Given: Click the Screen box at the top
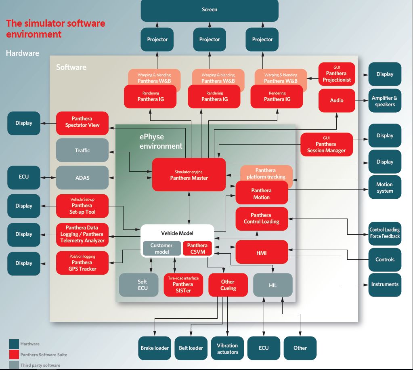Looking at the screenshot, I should click(x=209, y=10).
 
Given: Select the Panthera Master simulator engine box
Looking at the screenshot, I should click(x=189, y=174).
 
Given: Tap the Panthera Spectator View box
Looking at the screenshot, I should click(x=82, y=122).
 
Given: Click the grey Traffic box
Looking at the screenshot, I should click(x=82, y=150).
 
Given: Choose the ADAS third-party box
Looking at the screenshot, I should click(x=82, y=177).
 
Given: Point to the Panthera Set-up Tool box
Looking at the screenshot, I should click(x=82, y=206).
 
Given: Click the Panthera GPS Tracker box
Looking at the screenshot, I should click(x=82, y=263).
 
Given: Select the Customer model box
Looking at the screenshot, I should click(x=161, y=248).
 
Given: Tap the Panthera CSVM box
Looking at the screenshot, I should click(x=197, y=248).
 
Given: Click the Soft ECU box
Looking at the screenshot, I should click(x=143, y=285).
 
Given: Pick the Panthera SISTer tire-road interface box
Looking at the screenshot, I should click(x=183, y=285).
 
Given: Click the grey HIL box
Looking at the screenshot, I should click(x=273, y=285).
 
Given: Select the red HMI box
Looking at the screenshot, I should click(x=261, y=253).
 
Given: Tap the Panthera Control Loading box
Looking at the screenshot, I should click(x=261, y=219).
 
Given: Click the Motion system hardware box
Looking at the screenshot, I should click(x=384, y=187).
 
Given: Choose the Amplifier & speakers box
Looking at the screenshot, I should click(x=384, y=101).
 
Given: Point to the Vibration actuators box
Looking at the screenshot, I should click(x=227, y=348).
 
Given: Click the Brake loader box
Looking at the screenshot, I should click(x=155, y=348).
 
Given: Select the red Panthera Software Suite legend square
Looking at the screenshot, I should click(x=14, y=355).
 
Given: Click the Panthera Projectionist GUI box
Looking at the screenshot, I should click(x=336, y=74).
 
